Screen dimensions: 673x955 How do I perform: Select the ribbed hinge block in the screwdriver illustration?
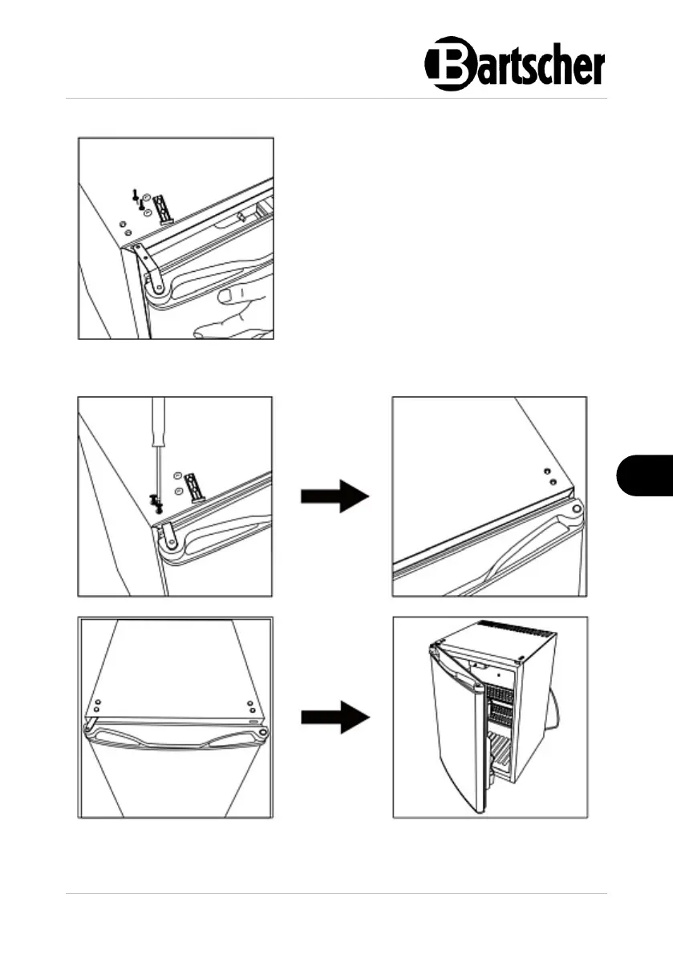195,486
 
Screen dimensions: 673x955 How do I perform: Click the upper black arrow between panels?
334,497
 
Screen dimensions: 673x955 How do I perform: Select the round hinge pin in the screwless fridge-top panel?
576,510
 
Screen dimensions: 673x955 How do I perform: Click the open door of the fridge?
453,722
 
